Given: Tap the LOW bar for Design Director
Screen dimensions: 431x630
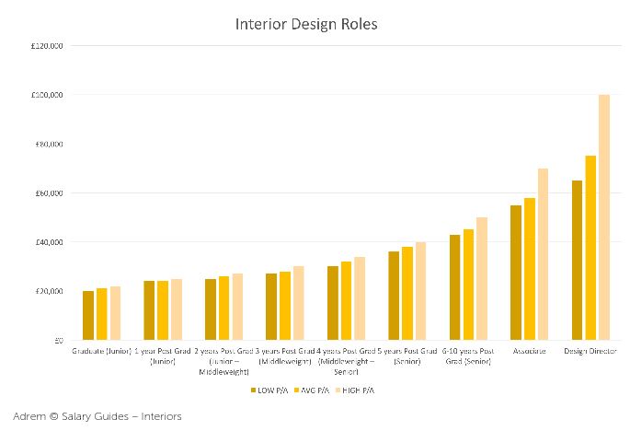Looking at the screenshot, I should coord(577,261).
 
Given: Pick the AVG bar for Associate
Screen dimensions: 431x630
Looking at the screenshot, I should coord(530,269).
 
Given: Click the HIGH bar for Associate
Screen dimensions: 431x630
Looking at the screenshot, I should coord(543,254).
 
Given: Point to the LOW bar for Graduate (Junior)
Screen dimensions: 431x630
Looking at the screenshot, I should coord(88,316).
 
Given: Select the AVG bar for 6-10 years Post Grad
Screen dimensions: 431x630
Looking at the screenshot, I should coord(468,285).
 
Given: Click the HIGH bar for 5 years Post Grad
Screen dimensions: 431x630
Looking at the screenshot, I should coord(420,291).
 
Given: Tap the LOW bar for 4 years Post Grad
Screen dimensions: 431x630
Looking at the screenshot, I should coord(333,303).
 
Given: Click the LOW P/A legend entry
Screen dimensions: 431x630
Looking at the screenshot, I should coord(269,390).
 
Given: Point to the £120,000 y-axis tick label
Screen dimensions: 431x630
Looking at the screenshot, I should coord(46,46).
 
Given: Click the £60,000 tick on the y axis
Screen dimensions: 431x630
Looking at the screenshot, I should coord(48,193).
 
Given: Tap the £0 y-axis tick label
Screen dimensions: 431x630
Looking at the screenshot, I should coord(58,341).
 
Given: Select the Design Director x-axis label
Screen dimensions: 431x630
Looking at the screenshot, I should coord(590,352).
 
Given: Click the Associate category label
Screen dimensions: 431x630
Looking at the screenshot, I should coord(529,352).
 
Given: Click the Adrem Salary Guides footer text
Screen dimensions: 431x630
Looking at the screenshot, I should coord(97,416).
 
